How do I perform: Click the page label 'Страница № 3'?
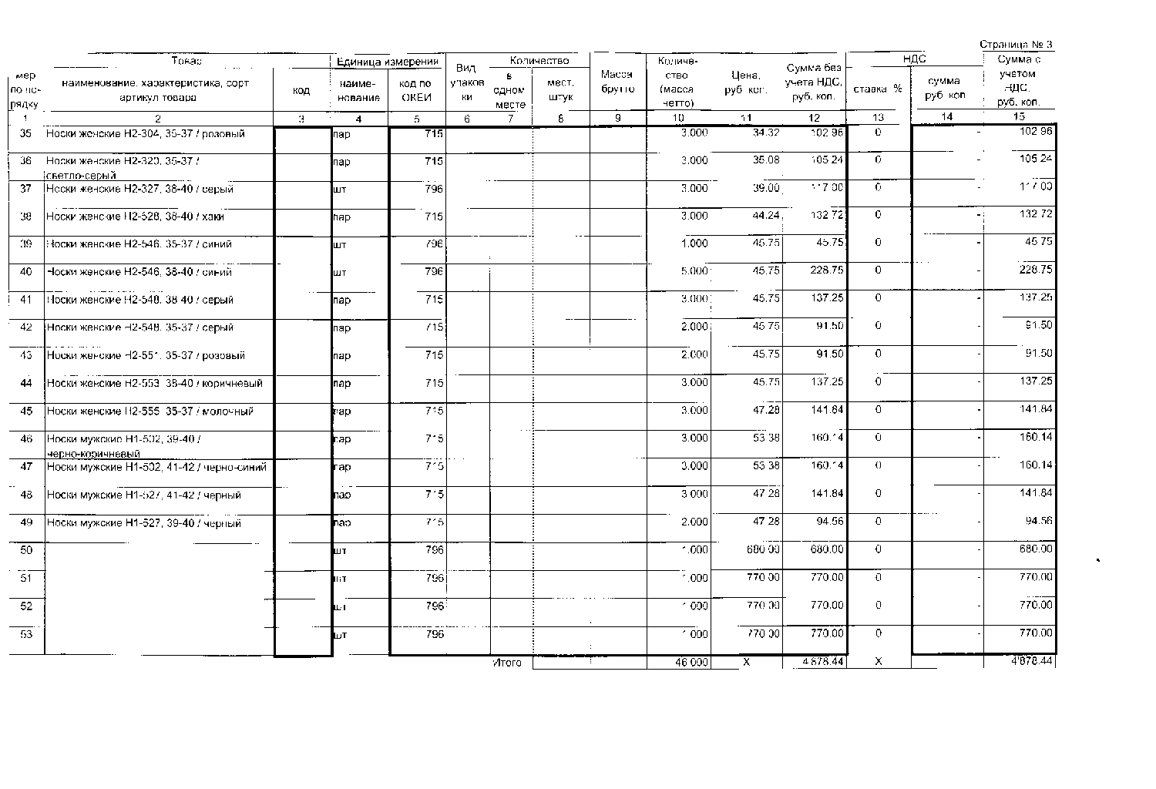[1016, 45]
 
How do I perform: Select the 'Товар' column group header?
[187, 61]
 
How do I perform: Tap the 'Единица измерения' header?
[388, 62]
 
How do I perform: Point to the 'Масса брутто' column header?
[616, 82]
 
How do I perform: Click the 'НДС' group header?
[914, 59]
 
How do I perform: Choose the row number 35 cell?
[26, 133]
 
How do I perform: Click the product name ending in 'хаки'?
[136, 217]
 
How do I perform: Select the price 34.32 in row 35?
[766, 133]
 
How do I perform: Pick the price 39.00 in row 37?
[766, 188]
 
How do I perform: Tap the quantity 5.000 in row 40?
[694, 271]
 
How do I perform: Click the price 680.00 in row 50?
[763, 549]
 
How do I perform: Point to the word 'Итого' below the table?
[507, 663]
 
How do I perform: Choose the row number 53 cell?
[26, 634]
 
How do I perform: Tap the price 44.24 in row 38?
[766, 217]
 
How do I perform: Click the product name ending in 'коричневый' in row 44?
[155, 383]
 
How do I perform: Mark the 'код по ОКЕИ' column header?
[416, 90]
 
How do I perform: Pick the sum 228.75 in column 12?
[828, 271]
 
